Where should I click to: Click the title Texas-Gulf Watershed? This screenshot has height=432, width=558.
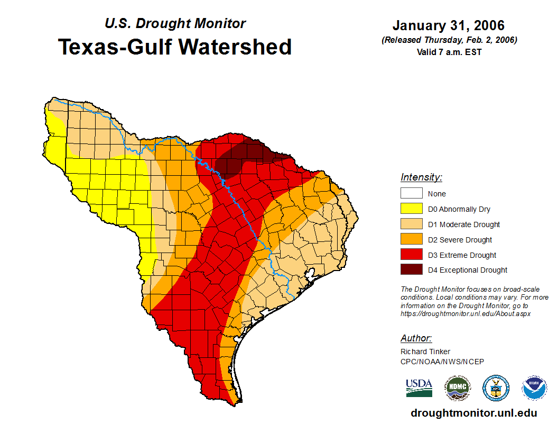click(174, 47)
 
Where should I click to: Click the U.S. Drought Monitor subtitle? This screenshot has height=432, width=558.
click(175, 24)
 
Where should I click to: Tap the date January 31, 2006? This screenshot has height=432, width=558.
click(448, 25)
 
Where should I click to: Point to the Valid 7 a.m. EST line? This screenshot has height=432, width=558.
click(448, 52)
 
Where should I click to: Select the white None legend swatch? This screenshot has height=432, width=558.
click(411, 194)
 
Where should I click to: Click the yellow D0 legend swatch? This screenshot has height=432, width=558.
click(411, 209)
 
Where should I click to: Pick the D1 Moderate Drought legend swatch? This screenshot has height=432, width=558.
click(411, 224)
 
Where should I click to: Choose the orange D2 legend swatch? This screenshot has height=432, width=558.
click(411, 240)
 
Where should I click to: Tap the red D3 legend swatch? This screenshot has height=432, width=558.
click(411, 255)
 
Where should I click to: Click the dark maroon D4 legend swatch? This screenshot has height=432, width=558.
click(411, 270)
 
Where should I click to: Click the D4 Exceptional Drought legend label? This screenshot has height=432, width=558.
click(468, 270)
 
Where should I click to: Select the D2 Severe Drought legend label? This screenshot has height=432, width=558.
click(460, 240)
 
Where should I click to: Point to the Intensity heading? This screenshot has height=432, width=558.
click(421, 177)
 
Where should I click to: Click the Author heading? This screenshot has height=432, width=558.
click(416, 338)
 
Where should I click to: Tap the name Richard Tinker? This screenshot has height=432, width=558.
click(425, 352)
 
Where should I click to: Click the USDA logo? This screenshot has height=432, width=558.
click(419, 388)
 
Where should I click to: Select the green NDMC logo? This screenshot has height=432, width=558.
click(457, 388)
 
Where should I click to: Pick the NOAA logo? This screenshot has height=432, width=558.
click(534, 388)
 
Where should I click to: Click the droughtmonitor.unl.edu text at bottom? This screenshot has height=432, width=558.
click(473, 413)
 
